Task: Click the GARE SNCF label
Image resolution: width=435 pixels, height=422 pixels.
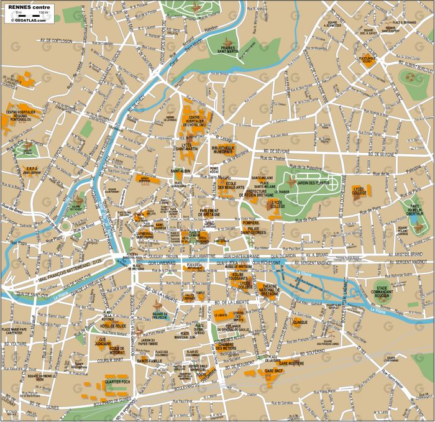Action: click(274, 370)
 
